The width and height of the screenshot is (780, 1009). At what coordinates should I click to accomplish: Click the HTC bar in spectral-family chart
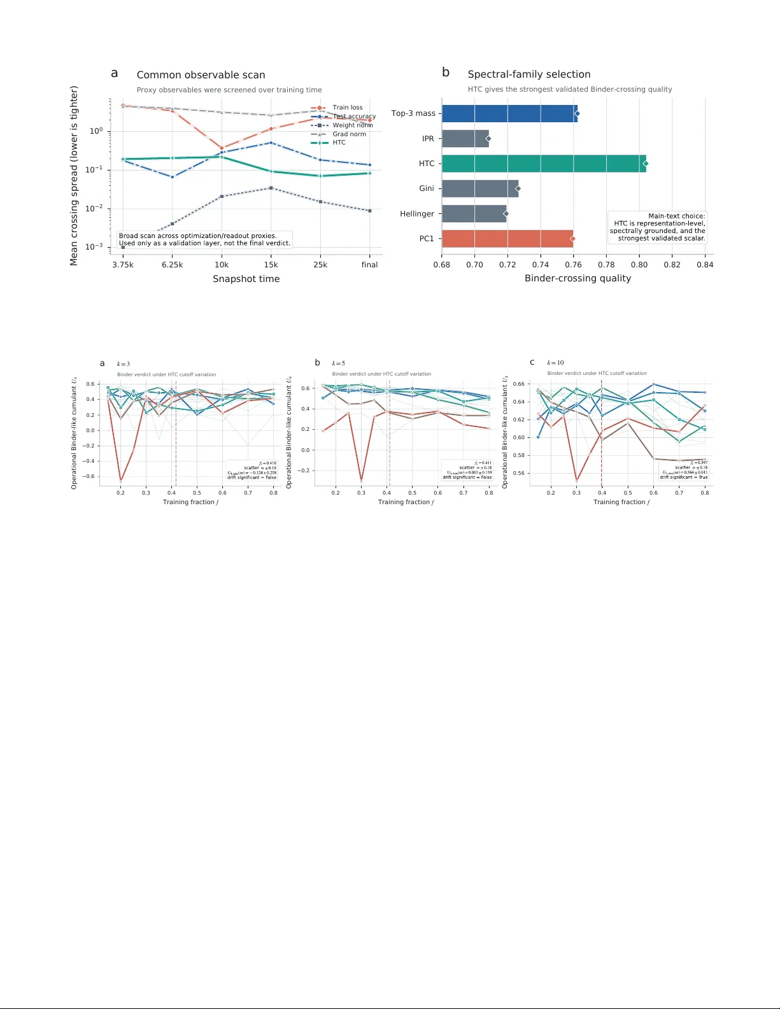pos(543,164)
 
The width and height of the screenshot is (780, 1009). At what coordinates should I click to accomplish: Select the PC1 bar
pos(507,239)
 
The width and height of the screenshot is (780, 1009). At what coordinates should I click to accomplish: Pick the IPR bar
pos(465,139)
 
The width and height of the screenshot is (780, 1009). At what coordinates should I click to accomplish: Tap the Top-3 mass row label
pos(413,113)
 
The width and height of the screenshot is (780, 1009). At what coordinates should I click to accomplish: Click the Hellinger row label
pos(417,214)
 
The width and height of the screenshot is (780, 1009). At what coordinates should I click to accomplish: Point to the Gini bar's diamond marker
pos(518,188)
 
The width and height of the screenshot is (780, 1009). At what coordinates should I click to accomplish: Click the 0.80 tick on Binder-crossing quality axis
pos(639,265)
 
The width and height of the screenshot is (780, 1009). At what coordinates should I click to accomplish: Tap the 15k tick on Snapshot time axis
pos(271,265)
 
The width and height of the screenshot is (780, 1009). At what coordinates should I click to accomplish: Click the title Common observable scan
pos(201,75)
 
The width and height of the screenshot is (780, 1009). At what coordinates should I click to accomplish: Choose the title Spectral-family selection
pos(528,74)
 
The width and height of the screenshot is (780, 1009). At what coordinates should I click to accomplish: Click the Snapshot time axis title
pos(246,279)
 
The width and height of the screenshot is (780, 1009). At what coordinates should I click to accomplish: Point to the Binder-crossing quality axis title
pos(578,278)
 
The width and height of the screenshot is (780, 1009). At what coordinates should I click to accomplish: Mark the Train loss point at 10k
pos(222,148)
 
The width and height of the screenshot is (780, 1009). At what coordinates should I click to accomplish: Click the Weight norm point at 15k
pos(271,188)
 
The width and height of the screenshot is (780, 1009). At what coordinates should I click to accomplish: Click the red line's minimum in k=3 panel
pos(120,481)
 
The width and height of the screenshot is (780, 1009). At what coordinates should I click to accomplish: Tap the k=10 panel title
pos(556,363)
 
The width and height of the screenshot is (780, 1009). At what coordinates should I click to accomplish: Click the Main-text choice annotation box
pos(658,227)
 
